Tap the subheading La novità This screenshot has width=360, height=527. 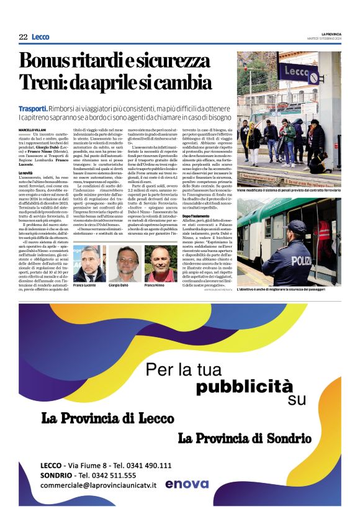click(x=27, y=173)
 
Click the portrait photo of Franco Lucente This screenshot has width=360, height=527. click(x=88, y=263)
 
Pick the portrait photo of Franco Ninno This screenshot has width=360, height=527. click(x=161, y=263)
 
